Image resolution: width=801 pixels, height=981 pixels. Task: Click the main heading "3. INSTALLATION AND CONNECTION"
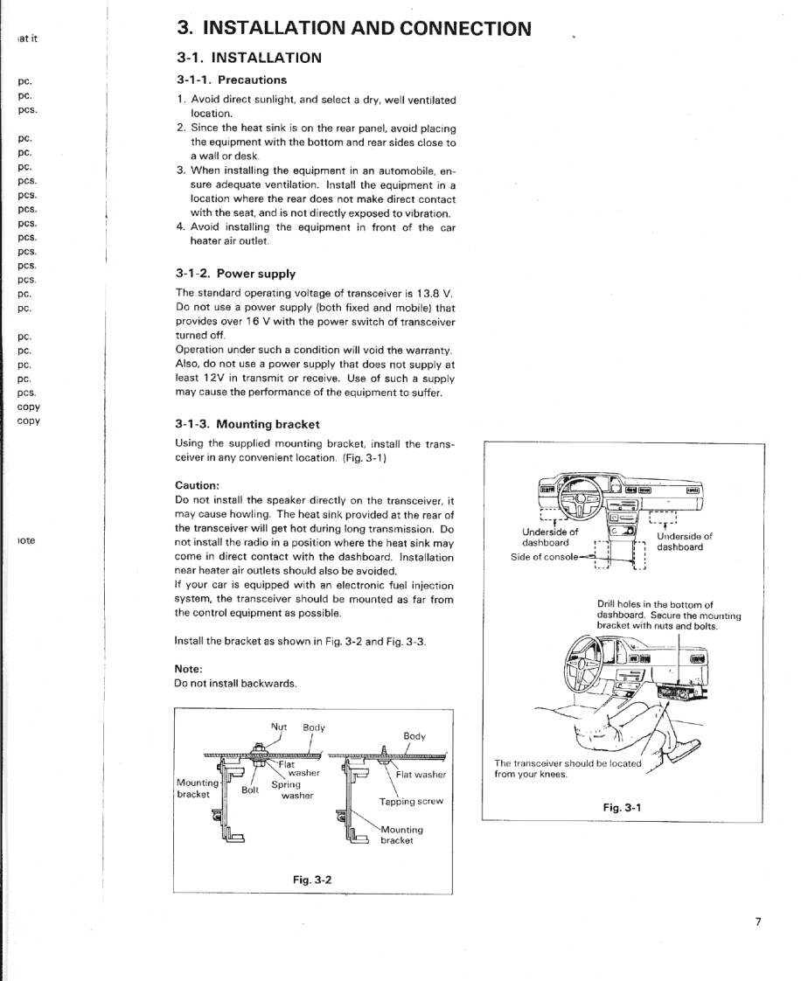[353, 28]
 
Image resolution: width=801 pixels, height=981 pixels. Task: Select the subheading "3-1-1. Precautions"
[231, 80]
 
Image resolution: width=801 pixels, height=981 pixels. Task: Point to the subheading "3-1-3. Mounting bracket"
[247, 424]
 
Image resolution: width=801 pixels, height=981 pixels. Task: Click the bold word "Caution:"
[197, 484]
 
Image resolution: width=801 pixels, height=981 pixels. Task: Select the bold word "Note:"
[189, 668]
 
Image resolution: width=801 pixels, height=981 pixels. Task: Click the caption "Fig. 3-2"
[311, 879]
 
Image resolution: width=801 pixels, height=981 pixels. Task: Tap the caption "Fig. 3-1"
[622, 806]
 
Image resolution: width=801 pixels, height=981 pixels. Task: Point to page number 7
[758, 922]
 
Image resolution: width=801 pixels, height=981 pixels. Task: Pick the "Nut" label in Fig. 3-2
[279, 727]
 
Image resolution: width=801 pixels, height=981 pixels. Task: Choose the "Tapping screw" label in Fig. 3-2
[411, 801]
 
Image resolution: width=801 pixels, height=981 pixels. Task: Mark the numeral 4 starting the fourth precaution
[180, 228]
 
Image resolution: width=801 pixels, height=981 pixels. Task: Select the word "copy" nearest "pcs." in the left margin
[29, 407]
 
